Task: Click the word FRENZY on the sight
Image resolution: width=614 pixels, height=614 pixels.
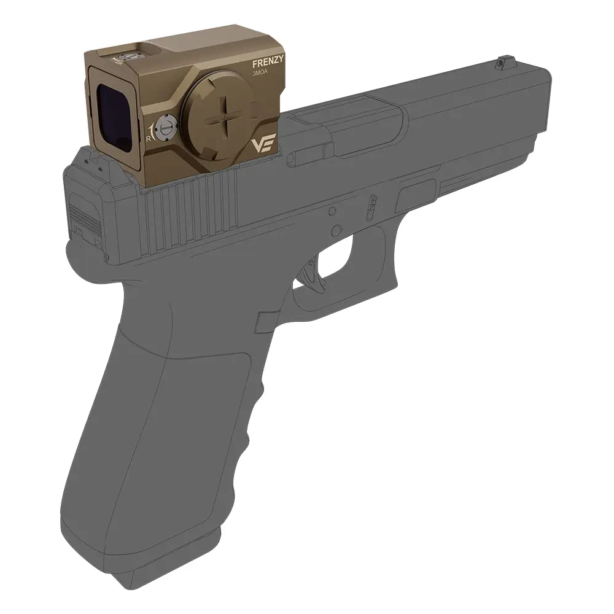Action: point(268,64)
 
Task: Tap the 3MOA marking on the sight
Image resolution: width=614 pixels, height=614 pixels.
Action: point(260,74)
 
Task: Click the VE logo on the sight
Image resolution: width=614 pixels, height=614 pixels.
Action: point(263,144)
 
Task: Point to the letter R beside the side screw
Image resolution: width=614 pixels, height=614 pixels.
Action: point(148,138)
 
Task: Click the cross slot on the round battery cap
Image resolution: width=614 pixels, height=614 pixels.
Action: point(226,118)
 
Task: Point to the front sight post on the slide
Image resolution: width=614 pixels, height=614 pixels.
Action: point(500,62)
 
